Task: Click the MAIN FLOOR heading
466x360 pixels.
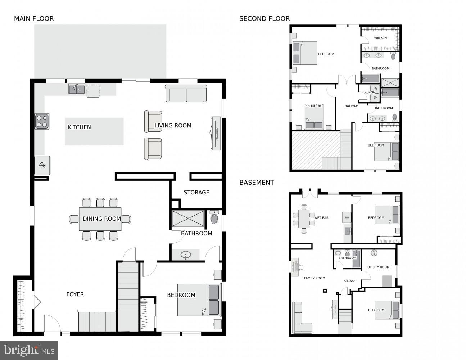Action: [34, 19]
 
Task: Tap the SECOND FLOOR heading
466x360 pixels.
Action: [264, 19]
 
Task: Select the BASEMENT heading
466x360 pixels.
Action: [257, 183]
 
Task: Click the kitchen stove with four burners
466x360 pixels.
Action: [42, 121]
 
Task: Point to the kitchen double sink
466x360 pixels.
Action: [77, 89]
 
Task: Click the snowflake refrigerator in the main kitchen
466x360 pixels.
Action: [42, 166]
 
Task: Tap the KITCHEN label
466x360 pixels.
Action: [79, 127]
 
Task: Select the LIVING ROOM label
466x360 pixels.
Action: [173, 126]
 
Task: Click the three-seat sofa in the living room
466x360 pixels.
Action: [186, 94]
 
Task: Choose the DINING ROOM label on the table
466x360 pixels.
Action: [101, 219]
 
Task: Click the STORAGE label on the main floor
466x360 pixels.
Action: [196, 193]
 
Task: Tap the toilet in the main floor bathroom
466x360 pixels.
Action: [214, 218]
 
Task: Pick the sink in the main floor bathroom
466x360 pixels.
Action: [186, 255]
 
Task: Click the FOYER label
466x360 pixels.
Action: [75, 294]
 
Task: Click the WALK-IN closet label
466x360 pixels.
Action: [380, 38]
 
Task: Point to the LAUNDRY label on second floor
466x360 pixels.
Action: [369, 93]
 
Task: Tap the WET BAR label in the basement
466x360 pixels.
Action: [321, 218]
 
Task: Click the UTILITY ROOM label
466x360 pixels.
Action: [378, 267]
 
